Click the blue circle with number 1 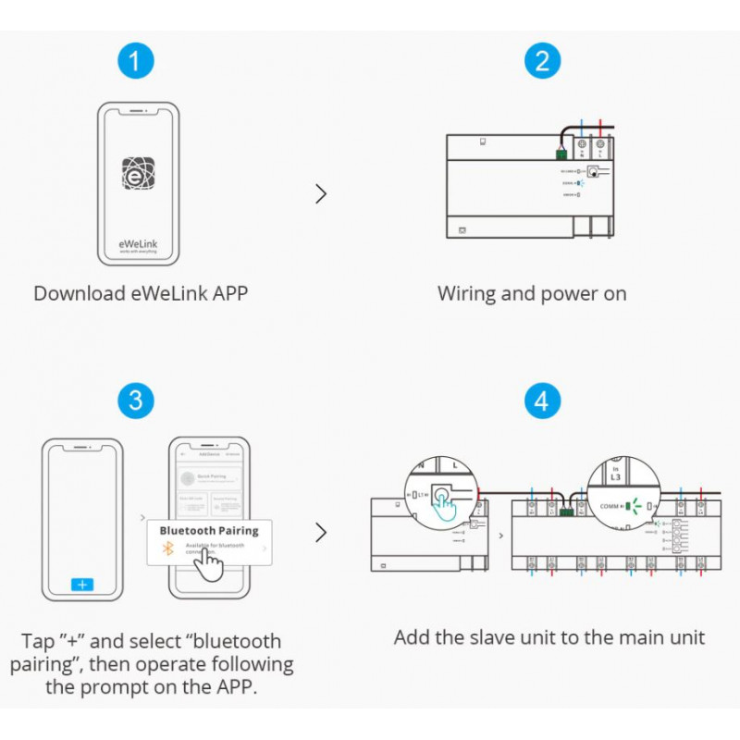coord(136,62)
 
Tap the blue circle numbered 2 coord(542,62)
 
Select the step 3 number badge coord(136,401)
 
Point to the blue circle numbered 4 coord(542,401)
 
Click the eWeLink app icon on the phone coord(138,173)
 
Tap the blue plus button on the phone coord(82,585)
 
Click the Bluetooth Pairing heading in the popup coord(209,531)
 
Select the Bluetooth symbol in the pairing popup coord(168,549)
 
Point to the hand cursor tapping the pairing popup coord(212,565)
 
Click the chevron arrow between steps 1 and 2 coord(321,193)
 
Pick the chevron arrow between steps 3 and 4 coord(321,533)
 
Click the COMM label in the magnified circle coord(610,507)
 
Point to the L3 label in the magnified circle coord(617,475)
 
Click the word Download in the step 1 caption coord(78,294)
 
